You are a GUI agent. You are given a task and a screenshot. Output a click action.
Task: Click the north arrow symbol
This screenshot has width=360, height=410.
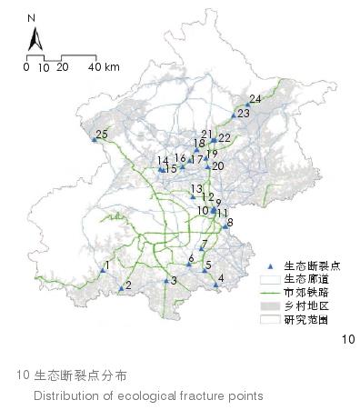(32, 38)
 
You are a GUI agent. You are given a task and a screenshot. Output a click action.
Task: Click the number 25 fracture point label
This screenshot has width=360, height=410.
(102, 135)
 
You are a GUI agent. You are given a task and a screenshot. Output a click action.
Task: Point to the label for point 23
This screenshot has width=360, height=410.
(243, 114)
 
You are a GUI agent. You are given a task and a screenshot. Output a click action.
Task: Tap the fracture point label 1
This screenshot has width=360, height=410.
(108, 265)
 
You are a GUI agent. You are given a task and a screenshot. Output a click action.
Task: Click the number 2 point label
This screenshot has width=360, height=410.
(128, 285)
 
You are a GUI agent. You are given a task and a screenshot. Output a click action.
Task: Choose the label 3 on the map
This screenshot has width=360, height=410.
(174, 281)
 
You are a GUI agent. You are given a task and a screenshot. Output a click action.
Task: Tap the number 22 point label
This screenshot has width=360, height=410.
(225, 138)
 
